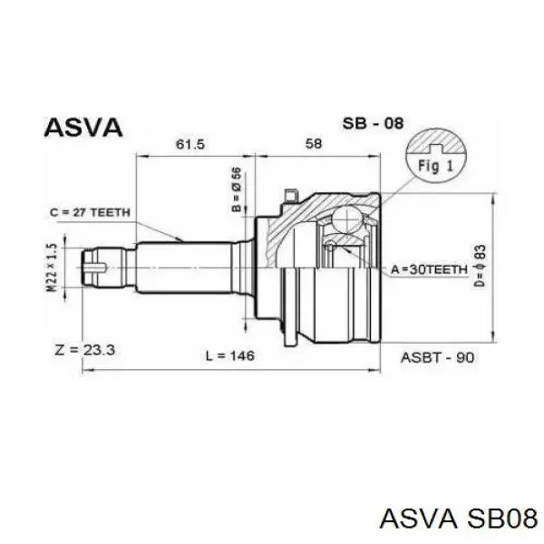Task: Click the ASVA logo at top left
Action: click(x=83, y=127)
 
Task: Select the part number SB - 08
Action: click(x=373, y=123)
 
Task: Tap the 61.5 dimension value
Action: click(x=190, y=144)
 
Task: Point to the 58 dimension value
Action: click(x=314, y=143)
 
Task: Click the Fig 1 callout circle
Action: click(x=436, y=156)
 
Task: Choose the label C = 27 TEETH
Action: click(x=90, y=212)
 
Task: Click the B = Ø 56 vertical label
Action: click(x=237, y=189)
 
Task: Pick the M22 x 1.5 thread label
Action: click(x=52, y=267)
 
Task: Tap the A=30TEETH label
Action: click(x=430, y=269)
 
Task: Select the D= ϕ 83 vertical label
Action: click(x=481, y=266)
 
